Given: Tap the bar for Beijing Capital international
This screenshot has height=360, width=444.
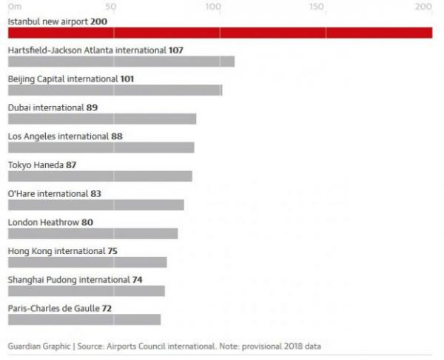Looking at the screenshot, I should click(115, 90).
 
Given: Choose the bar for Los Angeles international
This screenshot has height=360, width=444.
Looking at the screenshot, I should click(101, 147).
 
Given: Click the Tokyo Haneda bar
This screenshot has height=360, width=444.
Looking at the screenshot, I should click(100, 176).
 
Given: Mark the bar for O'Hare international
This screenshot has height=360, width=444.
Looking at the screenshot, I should click(95, 205).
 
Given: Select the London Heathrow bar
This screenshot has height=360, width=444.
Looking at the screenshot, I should click(92, 234).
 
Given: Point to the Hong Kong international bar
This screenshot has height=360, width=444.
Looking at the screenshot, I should click(87, 262).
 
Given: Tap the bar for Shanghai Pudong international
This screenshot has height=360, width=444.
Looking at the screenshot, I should click(86, 291).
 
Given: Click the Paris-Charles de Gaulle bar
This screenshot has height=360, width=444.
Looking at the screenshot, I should click(84, 319).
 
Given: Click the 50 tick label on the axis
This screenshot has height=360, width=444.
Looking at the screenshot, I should click(111, 6).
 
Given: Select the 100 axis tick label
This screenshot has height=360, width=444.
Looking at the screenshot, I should click(213, 6).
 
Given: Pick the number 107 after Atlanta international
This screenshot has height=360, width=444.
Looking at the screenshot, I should click(175, 50).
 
